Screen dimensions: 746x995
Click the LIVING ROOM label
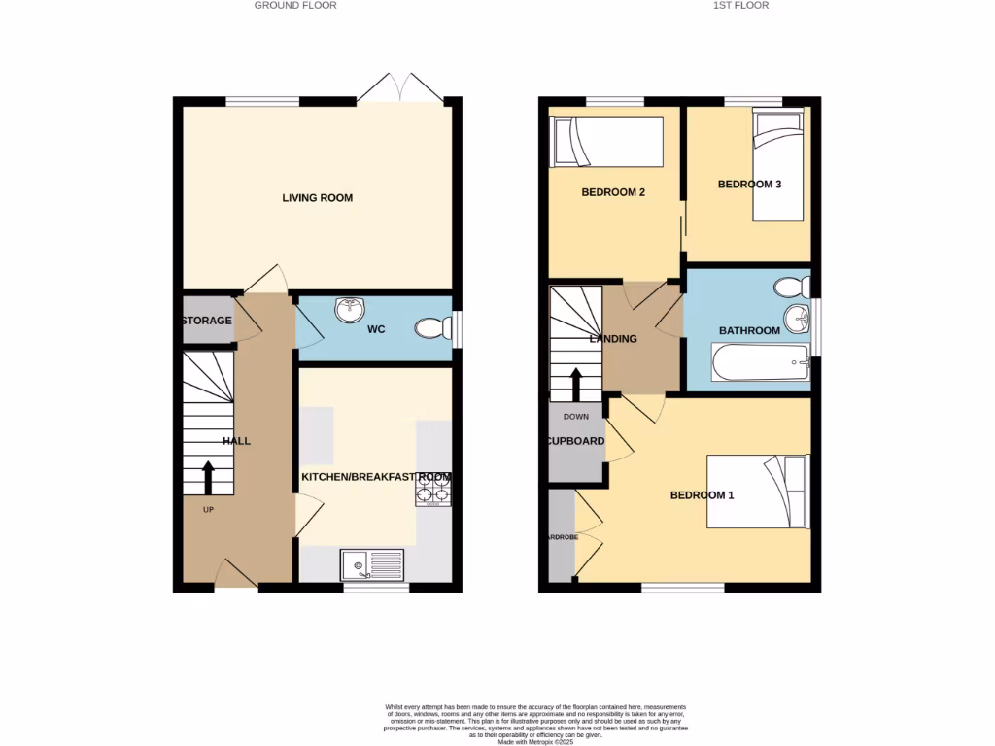(317, 198)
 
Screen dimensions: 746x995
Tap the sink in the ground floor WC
(348, 311)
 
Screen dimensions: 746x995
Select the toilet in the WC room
(433, 329)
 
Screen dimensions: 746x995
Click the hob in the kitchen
(433, 492)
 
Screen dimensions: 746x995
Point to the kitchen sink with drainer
(372, 563)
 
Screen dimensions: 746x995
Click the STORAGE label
(206, 321)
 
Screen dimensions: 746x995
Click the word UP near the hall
(208, 510)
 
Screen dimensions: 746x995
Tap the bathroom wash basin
(798, 317)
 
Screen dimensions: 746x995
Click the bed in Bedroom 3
(780, 163)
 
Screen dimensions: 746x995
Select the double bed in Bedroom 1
(758, 492)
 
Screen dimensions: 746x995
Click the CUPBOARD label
(575, 441)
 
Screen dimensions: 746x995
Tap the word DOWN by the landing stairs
(576, 417)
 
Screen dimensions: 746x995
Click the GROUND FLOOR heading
(295, 5)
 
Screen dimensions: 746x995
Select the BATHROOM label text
(749, 331)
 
